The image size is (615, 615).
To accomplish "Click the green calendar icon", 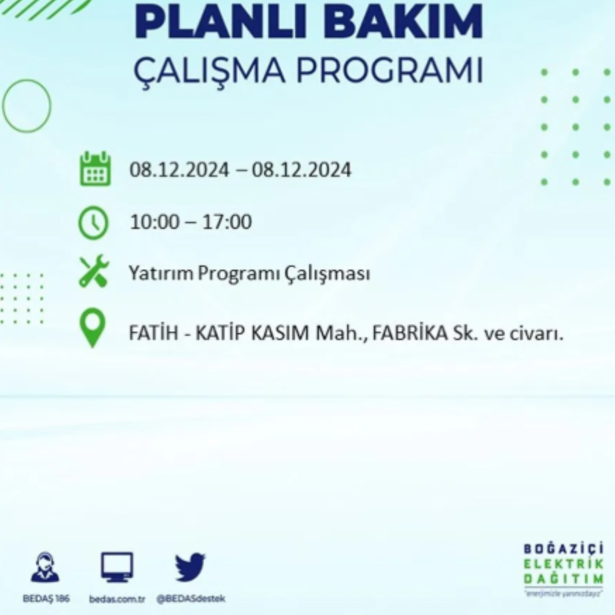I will coord(95,169).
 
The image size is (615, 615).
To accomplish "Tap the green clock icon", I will coord(93,222).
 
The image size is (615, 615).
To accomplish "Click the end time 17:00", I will coord(227,222).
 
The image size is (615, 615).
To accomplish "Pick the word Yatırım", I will coord(161,274).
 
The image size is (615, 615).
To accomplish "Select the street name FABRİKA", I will coord(410,333).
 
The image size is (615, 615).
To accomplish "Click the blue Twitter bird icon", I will coord(190,567).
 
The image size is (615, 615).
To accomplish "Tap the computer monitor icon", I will coord(117,567).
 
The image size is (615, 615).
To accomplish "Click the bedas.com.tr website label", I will coord(117,599).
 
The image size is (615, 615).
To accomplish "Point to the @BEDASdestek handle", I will coord(191,599).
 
